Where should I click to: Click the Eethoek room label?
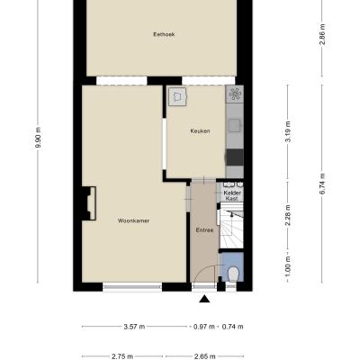point(164,34)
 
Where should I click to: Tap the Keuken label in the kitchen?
point(200,131)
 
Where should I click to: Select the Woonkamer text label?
point(133,220)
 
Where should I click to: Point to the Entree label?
point(204,230)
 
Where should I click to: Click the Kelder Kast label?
point(232,195)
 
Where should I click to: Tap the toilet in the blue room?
point(233,274)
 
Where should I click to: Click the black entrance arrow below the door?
point(204,299)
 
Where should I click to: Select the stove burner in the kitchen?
point(235,94)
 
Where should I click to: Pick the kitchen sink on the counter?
point(234,126)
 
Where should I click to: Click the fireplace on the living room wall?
point(89,203)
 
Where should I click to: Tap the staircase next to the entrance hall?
point(231,226)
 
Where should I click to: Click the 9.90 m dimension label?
point(38,138)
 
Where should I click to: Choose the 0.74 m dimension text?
point(233,327)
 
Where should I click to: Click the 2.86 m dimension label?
point(322,34)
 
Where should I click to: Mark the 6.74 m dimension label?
point(322,184)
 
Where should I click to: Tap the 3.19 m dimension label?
point(288,131)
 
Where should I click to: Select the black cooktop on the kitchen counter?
point(235,157)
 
